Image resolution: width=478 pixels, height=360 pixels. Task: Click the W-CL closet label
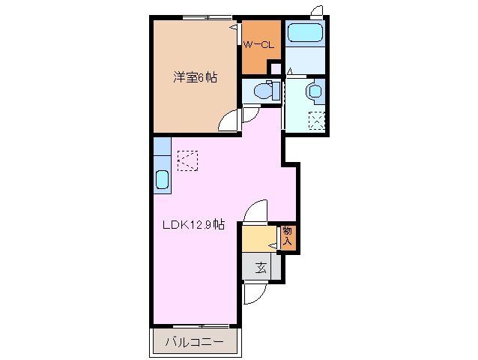click(259, 45)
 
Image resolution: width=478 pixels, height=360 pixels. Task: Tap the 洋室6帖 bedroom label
click(196, 76)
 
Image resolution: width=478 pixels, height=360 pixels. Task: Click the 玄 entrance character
click(261, 267)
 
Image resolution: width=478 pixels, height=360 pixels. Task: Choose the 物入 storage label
click(288, 238)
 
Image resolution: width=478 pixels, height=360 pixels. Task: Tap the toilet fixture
click(264, 91)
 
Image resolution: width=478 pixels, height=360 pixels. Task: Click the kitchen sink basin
click(162, 180)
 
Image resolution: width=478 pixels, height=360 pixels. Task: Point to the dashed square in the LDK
click(186, 160)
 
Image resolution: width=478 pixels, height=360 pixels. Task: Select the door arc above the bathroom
click(317, 11)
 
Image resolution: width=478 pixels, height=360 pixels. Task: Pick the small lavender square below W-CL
click(275, 69)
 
